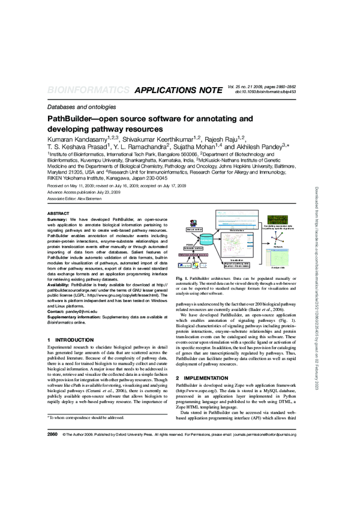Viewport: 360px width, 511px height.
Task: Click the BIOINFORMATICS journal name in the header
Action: (88, 91)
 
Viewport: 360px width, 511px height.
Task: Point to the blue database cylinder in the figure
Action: (207, 239)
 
